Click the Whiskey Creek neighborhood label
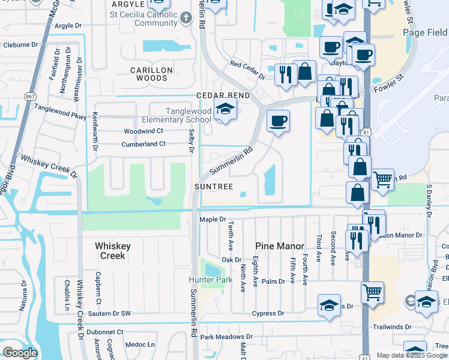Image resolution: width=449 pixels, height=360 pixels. click(x=111, y=251)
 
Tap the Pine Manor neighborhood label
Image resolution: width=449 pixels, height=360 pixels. click(x=277, y=246)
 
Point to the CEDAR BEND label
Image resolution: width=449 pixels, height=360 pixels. click(x=222, y=96)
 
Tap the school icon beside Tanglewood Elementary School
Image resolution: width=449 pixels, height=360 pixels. click(x=225, y=109)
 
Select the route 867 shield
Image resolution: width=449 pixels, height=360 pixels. click(x=28, y=96)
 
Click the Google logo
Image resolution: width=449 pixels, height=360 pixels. click(x=20, y=353)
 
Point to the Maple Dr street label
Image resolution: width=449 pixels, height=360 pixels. click(x=212, y=220)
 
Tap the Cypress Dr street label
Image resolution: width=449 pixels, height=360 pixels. click(x=268, y=313)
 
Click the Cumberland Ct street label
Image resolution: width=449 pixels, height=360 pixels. click(x=143, y=144)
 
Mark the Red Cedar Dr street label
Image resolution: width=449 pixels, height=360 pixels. click(x=247, y=69)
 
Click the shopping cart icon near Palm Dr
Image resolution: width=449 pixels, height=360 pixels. click(x=372, y=292)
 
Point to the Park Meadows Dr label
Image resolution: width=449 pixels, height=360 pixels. click(x=226, y=337)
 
